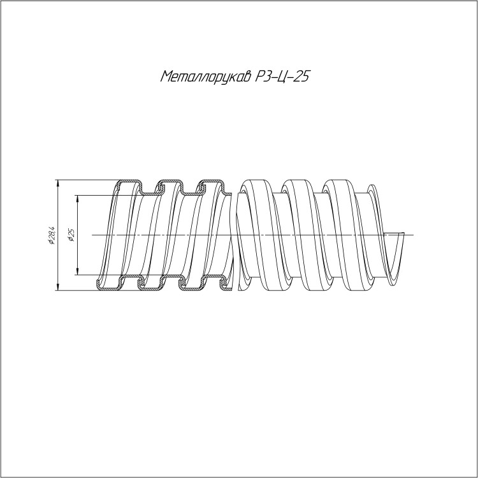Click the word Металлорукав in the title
click(205, 77)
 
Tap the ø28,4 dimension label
click(51, 235)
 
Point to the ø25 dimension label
click(72, 235)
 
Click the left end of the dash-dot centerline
click(92, 235)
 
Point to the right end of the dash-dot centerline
click(414, 235)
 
